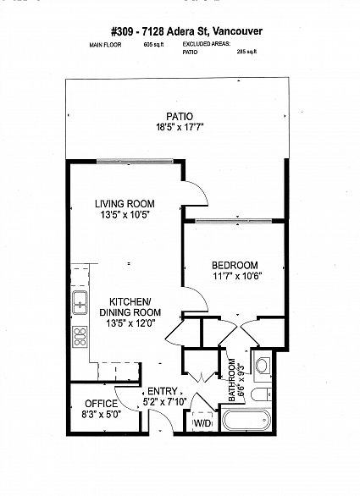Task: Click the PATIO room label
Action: point(180,117)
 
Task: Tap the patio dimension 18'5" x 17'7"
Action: point(180,128)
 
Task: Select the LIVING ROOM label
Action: point(125,204)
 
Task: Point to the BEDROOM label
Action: point(235,265)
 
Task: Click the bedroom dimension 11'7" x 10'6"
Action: point(237,276)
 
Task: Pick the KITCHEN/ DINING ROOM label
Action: point(130,306)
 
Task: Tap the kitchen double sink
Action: point(80,303)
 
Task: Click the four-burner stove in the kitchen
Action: point(80,337)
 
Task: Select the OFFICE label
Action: point(102,404)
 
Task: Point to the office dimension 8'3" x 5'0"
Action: point(102,415)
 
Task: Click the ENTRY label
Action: point(163,391)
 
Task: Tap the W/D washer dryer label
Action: point(202,423)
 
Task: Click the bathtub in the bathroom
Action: point(246,420)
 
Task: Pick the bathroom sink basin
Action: point(263,366)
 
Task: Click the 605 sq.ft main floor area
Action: point(153,45)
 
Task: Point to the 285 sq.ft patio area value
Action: point(246,52)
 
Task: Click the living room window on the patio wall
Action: point(135,161)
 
